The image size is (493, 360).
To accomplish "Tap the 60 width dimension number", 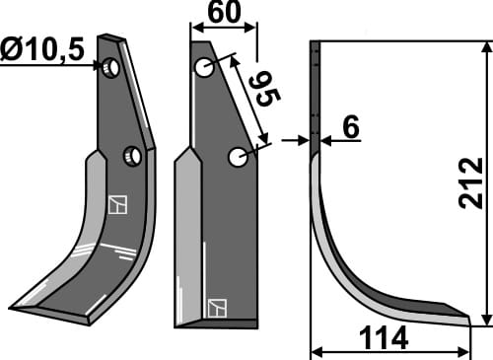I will (x=224, y=14).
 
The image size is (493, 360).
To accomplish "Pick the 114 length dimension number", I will (x=386, y=338).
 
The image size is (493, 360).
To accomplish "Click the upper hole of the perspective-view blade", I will (x=111, y=68).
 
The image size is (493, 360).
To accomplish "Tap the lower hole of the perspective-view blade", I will (x=132, y=155).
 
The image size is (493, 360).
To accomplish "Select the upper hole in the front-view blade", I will (x=204, y=68).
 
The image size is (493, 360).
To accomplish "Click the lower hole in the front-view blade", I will (x=237, y=156).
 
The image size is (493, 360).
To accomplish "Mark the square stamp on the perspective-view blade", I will (x=118, y=205).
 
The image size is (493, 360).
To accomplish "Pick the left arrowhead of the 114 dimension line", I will (x=316, y=350).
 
